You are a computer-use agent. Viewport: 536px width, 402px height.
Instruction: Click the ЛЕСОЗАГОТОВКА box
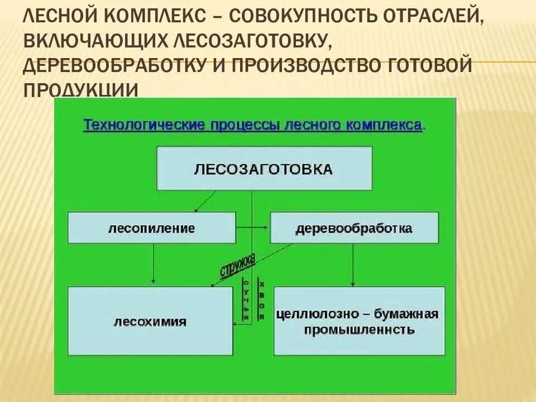coord(264,169)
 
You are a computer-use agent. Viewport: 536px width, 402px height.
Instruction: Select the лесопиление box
coord(152,228)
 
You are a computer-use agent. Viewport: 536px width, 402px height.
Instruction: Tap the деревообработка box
coord(354,228)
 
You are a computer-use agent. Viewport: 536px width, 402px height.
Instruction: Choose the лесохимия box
coord(150,321)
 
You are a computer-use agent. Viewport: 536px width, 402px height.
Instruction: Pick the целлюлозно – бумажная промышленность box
coord(359,321)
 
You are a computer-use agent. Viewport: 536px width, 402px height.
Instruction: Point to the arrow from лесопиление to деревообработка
coord(252,228)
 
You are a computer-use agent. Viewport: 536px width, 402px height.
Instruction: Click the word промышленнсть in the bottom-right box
coord(359,329)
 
